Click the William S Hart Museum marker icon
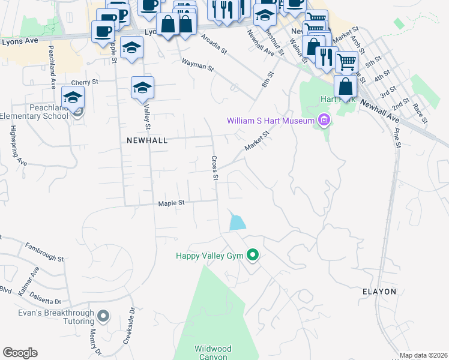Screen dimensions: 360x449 (x=325, y=121)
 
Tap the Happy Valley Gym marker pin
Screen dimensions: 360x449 (x=253, y=256)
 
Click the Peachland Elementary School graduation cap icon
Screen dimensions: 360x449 (x=73, y=98)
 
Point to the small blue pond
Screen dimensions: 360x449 (x=238, y=222)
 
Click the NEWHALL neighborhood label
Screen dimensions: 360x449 (x=146, y=140)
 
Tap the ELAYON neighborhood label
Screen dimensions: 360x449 (x=379, y=291)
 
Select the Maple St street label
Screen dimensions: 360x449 (x=171, y=203)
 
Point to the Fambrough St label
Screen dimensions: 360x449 (x=44, y=251)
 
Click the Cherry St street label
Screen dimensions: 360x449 (x=84, y=82)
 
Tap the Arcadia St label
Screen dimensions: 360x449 (x=214, y=44)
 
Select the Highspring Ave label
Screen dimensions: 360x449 (x=17, y=145)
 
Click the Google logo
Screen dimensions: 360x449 (x=20, y=353)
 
